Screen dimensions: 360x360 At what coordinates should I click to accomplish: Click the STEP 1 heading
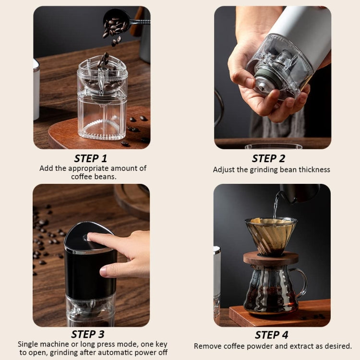(91, 158)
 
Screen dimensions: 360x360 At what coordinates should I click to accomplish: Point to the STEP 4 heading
(271, 335)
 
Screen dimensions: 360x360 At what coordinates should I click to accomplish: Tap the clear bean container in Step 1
(102, 106)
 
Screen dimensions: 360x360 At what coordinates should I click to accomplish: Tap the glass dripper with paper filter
(270, 235)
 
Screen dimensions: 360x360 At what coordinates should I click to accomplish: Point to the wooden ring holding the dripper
(270, 258)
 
